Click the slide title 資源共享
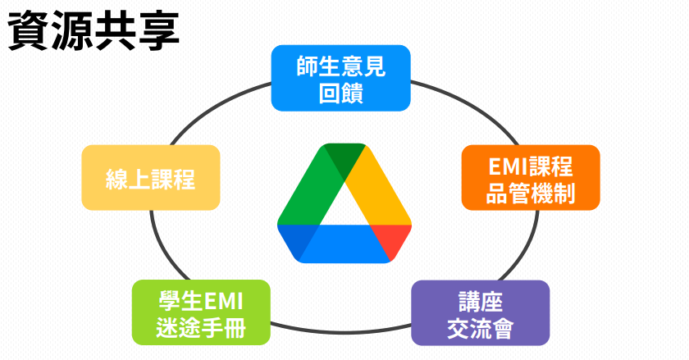coord(93,32)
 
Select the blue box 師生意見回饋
coord(340,77)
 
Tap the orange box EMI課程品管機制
coord(530,179)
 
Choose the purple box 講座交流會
coord(480,313)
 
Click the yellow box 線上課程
coord(151,178)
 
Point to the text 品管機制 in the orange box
coord(530,194)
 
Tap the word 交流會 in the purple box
coord(480,329)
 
